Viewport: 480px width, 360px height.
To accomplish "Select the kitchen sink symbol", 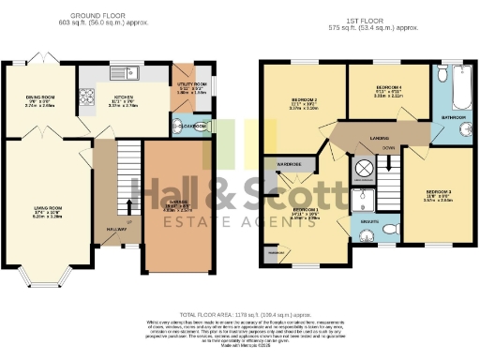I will click(x=129, y=72).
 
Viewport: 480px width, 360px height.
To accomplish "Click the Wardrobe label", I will click(x=288, y=161).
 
